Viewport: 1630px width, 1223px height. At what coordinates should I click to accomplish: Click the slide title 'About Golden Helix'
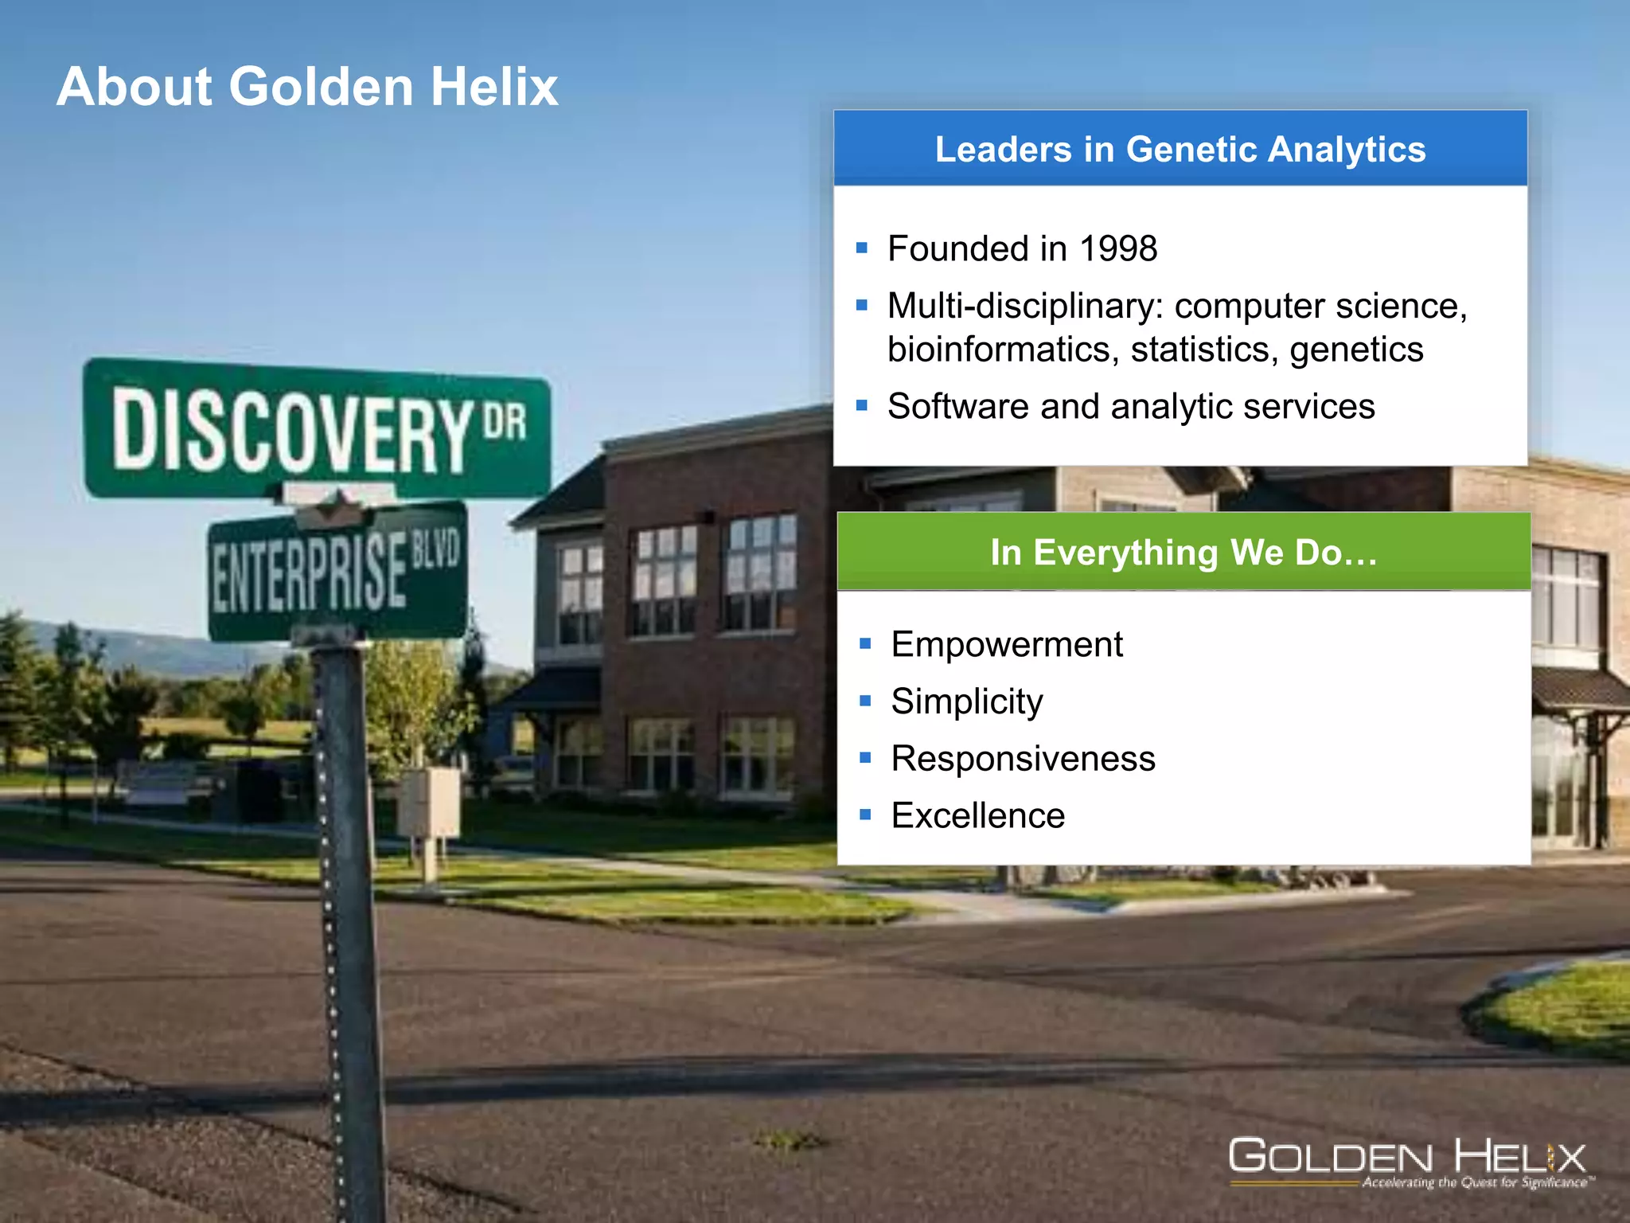(307, 86)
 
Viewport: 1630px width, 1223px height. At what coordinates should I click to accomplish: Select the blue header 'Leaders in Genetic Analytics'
(1180, 150)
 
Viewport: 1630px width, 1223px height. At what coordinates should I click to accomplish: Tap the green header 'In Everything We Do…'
(1184, 553)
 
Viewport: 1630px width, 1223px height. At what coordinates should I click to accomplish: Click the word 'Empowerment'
(1007, 644)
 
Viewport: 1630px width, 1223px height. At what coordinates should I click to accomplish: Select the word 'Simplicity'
(967, 701)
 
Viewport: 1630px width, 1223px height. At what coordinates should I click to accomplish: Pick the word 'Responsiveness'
(1023, 759)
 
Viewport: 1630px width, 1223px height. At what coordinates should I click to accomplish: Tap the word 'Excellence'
(977, 816)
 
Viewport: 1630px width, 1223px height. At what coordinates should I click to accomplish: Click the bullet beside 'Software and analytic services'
(861, 406)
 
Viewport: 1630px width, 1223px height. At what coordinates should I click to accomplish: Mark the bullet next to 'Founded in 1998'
(861, 248)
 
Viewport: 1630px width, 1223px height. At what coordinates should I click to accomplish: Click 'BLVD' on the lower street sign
(435, 551)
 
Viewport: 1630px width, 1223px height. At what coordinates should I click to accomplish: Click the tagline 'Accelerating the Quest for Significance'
(1476, 1183)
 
